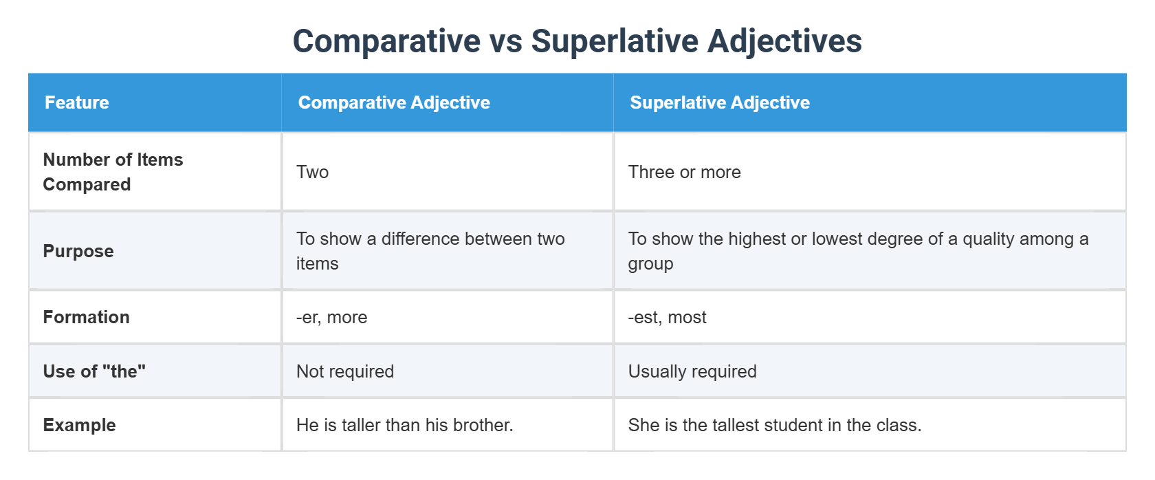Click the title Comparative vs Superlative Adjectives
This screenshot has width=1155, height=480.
click(577, 41)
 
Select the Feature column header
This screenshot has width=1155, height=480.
click(77, 102)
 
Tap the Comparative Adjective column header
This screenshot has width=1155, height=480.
click(394, 102)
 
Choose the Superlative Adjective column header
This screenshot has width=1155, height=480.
click(720, 102)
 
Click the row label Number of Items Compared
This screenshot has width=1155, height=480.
click(113, 172)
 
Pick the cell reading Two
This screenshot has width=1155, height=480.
click(313, 172)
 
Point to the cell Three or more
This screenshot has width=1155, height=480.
click(684, 172)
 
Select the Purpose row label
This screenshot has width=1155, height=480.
click(78, 251)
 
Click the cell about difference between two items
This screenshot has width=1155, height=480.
click(430, 251)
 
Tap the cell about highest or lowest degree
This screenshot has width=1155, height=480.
click(857, 251)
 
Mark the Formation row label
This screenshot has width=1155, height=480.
click(86, 317)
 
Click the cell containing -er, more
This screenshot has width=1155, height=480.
click(331, 317)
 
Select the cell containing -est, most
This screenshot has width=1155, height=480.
click(667, 317)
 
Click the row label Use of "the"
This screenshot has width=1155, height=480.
click(94, 371)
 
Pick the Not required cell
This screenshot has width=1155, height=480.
click(345, 371)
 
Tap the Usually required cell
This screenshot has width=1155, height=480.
click(692, 371)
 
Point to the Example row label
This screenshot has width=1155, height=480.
click(79, 425)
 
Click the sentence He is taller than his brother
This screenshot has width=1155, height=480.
click(404, 425)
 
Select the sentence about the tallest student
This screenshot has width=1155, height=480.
click(774, 425)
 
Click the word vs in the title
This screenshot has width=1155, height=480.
click(505, 41)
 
